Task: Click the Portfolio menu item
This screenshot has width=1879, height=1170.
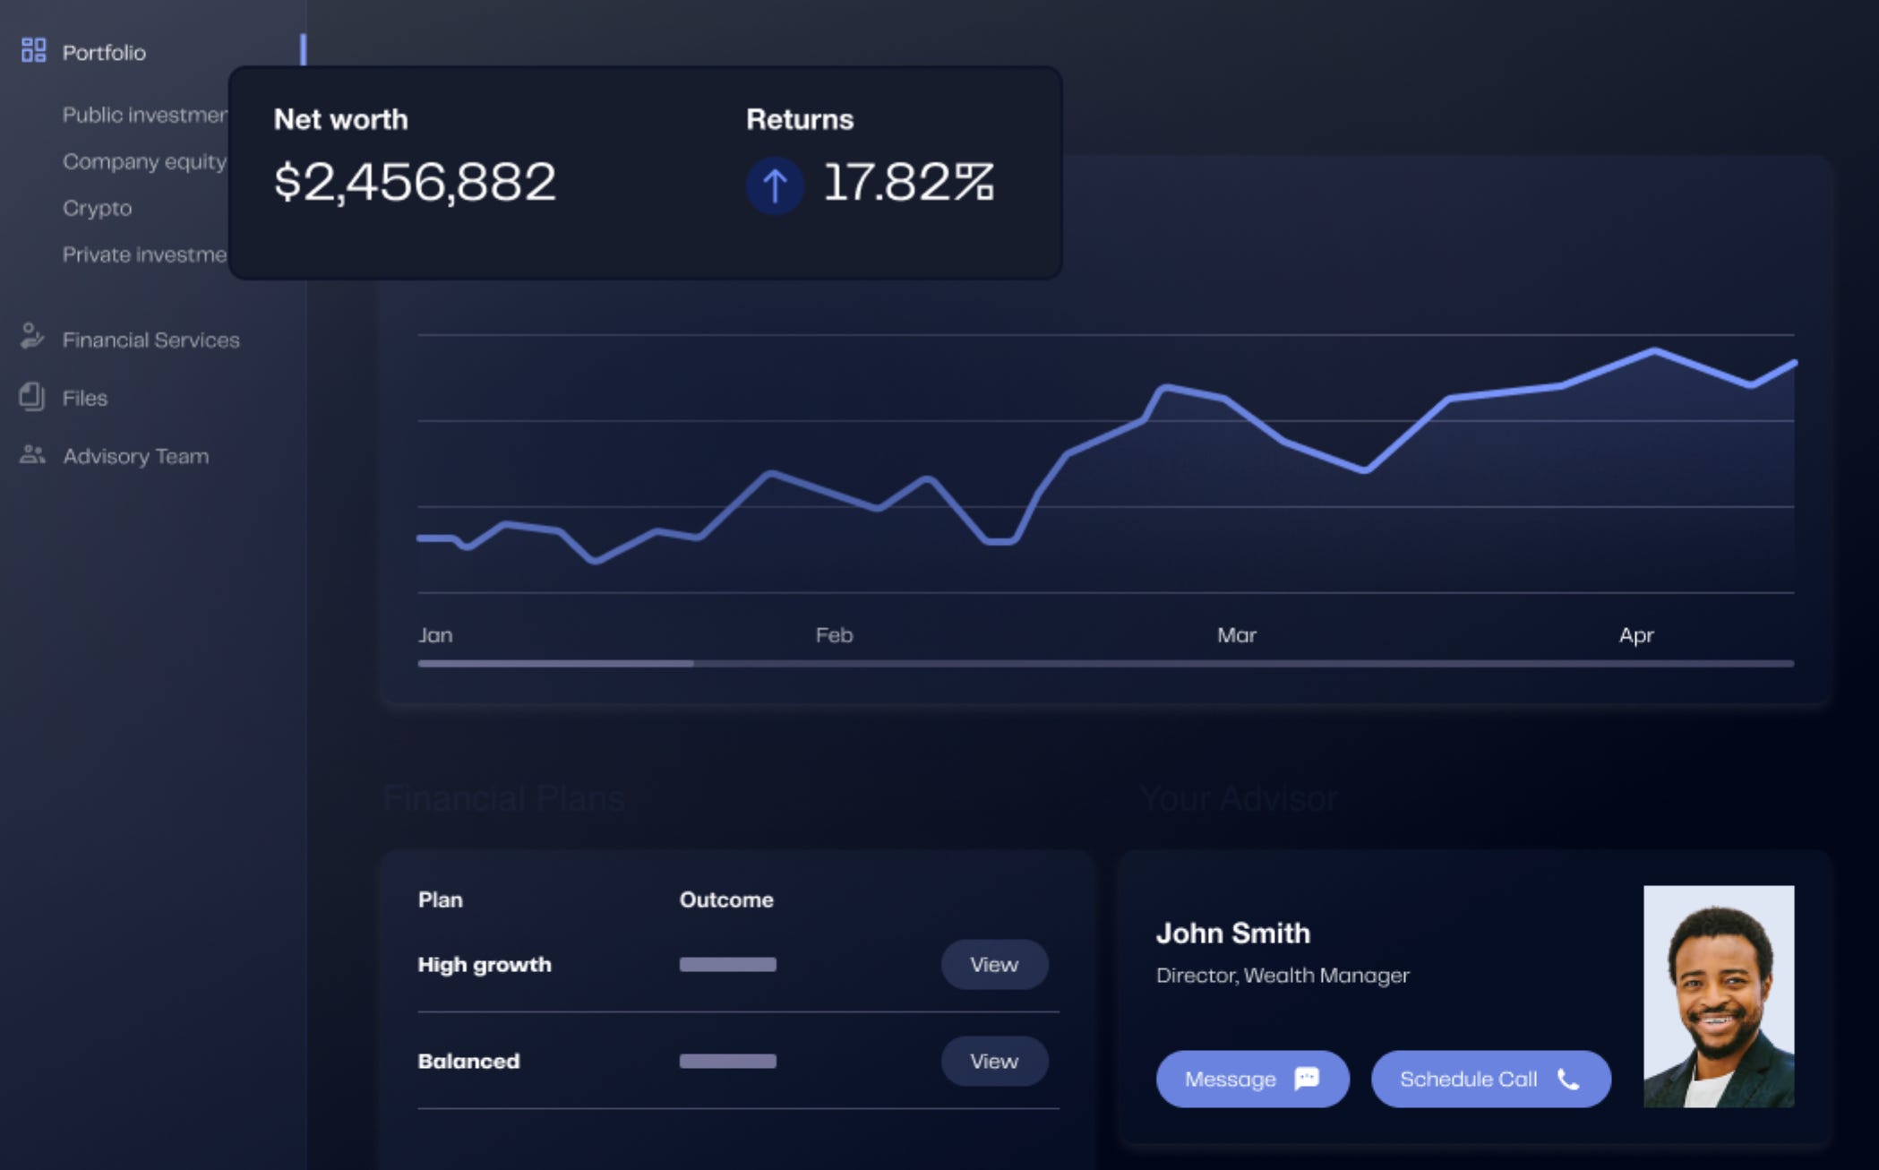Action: tap(104, 52)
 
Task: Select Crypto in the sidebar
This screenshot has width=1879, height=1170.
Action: tap(97, 208)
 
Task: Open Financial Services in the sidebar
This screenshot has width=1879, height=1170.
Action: tap(150, 340)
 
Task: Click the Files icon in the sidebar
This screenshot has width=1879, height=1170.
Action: tap(32, 397)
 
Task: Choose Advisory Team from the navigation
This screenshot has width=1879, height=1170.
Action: tap(135, 456)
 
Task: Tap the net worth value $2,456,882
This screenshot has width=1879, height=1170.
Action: tap(415, 182)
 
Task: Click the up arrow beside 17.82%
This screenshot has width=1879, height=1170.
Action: tap(775, 185)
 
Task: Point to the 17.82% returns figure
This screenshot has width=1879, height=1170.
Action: tap(908, 182)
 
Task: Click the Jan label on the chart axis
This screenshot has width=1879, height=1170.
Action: tap(435, 635)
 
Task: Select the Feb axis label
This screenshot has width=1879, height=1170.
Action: tap(834, 635)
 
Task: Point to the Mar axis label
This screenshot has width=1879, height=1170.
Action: tap(1236, 635)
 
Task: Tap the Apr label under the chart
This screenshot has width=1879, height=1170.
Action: tap(1635, 635)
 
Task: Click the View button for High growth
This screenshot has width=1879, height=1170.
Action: tap(994, 965)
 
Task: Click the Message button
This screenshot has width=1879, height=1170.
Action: tap(1252, 1079)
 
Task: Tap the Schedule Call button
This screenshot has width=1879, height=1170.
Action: tap(1490, 1079)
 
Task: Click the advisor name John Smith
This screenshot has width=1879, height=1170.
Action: tap(1232, 933)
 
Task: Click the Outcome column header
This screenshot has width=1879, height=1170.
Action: tap(725, 899)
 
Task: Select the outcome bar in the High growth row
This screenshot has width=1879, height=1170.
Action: tap(727, 965)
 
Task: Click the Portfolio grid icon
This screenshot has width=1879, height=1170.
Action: tap(33, 50)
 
